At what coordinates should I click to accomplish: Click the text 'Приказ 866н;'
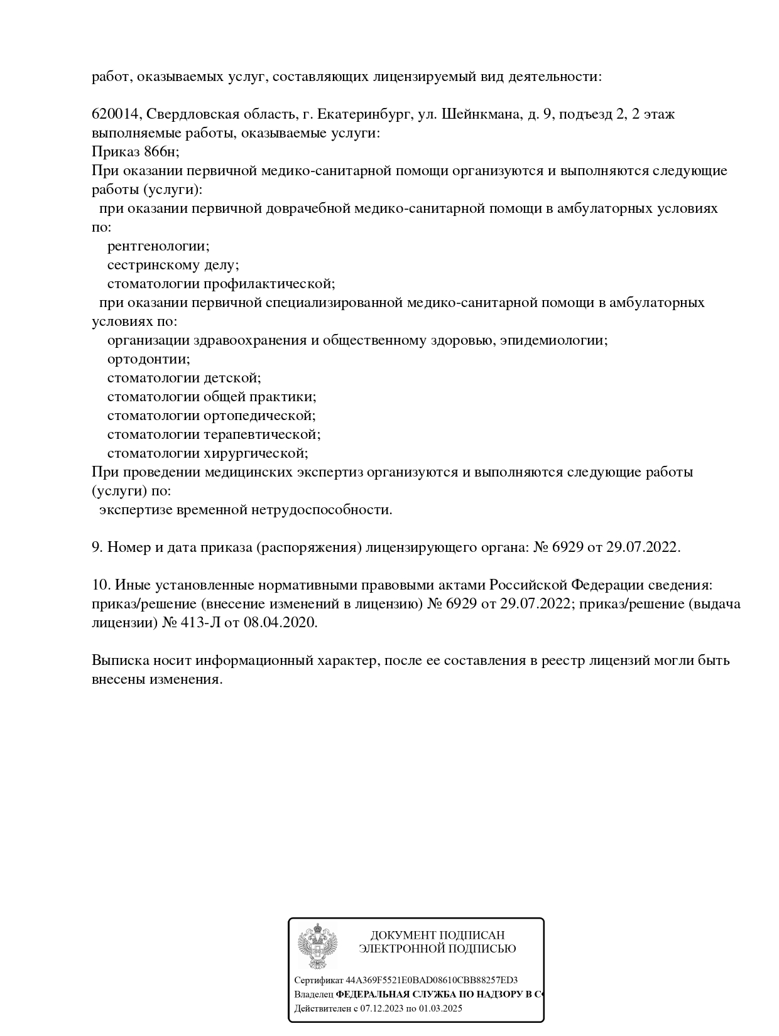135,152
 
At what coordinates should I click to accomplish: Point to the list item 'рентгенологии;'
158,246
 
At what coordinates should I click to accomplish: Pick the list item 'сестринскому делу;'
173,265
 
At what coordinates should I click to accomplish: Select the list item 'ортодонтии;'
149,359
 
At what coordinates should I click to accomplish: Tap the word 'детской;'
232,378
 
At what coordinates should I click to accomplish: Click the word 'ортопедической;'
259,416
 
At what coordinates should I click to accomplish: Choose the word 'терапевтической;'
262,434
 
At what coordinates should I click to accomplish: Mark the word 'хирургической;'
256,453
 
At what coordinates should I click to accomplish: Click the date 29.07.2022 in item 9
643,548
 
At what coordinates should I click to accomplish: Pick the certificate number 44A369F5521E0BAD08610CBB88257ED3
432,980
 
